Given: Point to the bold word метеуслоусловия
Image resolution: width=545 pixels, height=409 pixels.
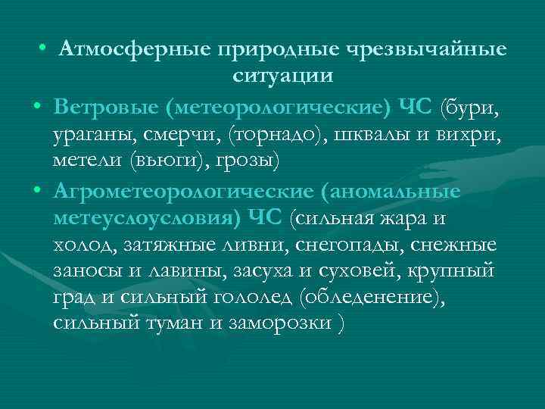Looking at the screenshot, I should pos(143,218).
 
